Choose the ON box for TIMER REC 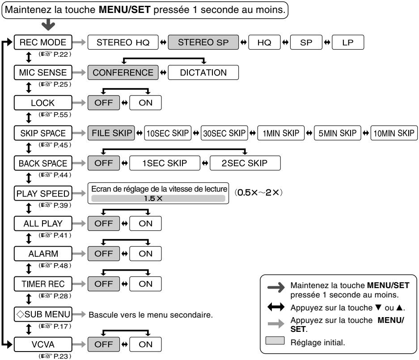tap(145, 284)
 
